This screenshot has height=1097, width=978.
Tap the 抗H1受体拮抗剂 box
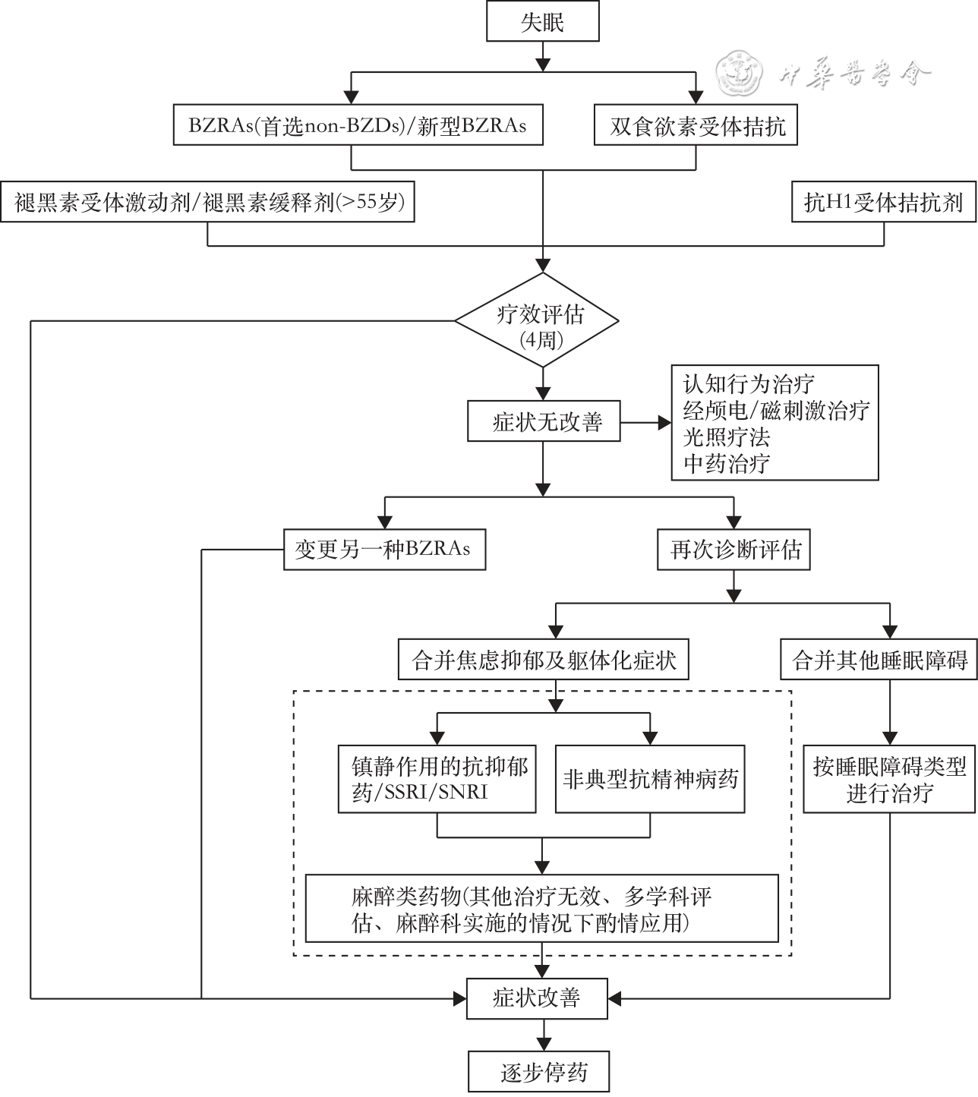coord(883,203)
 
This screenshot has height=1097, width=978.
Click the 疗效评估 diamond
coord(541,321)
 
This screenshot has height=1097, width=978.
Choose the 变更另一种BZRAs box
coord(384,549)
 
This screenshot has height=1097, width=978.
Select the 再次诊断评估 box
coord(734,549)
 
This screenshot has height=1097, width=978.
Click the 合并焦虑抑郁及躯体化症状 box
coord(544,660)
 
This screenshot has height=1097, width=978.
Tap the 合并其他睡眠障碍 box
coord(879,660)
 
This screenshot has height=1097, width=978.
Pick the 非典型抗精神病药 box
coord(650,780)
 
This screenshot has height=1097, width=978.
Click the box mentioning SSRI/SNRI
coord(437,780)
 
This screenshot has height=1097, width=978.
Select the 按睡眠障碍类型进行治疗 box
coord(889,780)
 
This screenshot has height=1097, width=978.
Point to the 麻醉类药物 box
coord(542,909)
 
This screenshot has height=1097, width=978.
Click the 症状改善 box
coord(537,998)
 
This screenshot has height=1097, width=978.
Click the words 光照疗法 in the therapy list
coord(727,437)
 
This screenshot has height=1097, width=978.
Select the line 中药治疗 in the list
coord(727,463)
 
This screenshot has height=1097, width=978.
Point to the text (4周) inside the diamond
coord(541,339)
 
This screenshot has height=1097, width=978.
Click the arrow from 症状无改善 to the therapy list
coord(645,422)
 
